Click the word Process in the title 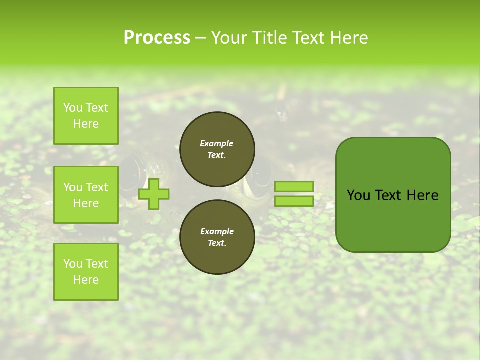click(157, 38)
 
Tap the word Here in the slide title click(346, 38)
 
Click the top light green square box click(86, 116)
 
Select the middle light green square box click(86, 195)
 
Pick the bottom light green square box click(86, 272)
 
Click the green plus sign click(154, 194)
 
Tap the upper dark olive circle click(217, 149)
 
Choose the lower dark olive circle click(217, 237)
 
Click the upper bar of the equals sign click(294, 187)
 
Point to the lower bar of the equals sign click(294, 201)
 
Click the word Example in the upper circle click(217, 143)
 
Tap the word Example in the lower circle click(217, 231)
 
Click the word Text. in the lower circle click(217, 243)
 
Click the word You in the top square click(73, 108)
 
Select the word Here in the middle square click(86, 203)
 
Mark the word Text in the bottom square click(97, 264)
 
